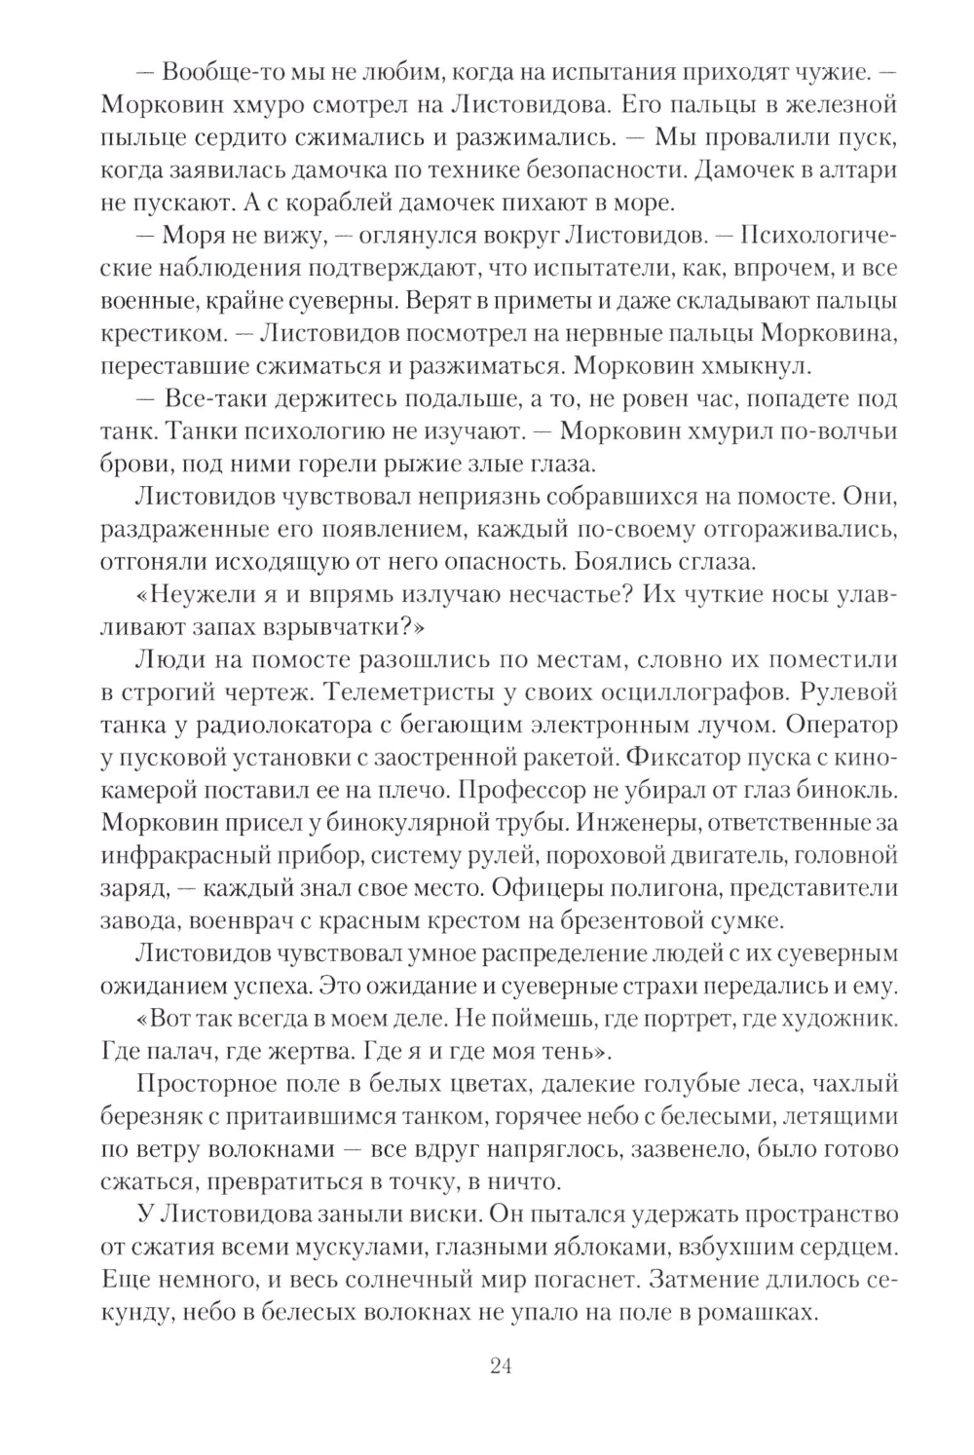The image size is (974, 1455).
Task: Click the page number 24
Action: (501, 1366)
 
